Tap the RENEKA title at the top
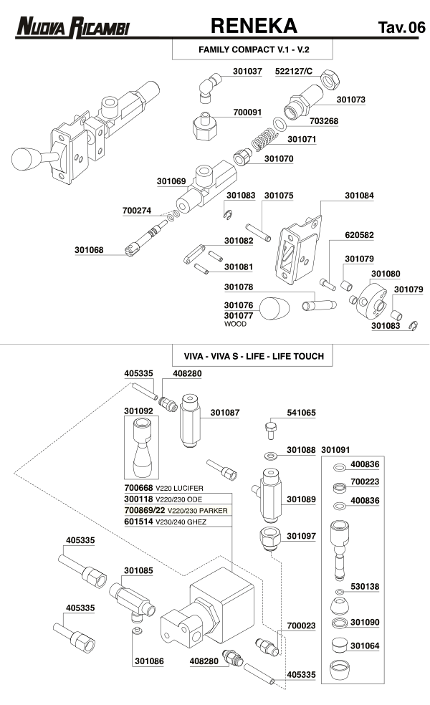[254, 27]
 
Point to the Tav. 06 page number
[401, 28]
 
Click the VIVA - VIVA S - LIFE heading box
[253, 356]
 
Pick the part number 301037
[248, 72]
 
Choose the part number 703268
[324, 122]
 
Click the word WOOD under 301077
[235, 324]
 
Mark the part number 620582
[360, 235]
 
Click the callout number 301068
[89, 250]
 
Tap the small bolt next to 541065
[270, 431]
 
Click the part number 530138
[364, 586]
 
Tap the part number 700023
[301, 625]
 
